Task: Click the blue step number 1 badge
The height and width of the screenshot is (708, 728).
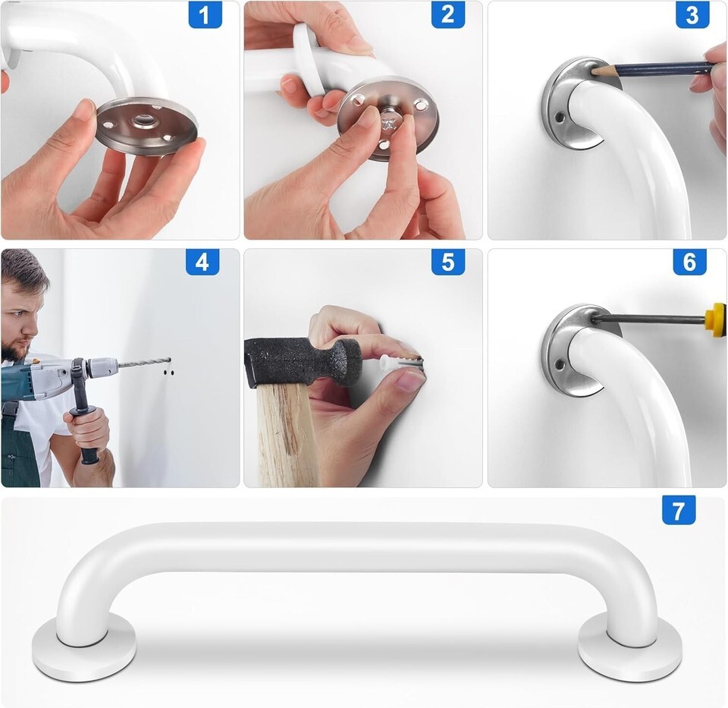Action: (x=205, y=15)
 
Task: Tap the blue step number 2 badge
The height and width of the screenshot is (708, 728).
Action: (x=448, y=15)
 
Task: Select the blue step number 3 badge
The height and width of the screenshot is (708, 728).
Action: (x=692, y=15)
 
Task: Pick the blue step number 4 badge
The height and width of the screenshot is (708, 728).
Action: (x=202, y=262)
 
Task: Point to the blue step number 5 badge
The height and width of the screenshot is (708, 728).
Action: (x=448, y=262)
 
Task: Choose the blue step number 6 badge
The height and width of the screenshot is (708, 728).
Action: (x=690, y=262)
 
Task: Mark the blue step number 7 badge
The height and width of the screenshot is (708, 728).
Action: (x=679, y=510)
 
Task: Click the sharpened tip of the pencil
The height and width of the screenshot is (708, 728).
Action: (x=592, y=70)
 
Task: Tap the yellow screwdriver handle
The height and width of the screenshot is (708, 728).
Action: (x=715, y=316)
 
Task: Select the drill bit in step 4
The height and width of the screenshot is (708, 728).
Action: (x=144, y=363)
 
